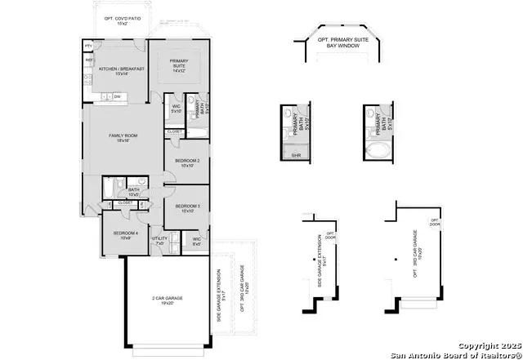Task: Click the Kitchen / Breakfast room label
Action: click(x=122, y=71)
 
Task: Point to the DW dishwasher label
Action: click(x=118, y=97)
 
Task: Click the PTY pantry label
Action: click(x=88, y=48)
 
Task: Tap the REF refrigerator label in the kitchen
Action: click(x=88, y=60)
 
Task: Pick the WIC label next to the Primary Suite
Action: click(x=176, y=109)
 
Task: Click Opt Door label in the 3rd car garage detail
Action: click(x=436, y=223)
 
